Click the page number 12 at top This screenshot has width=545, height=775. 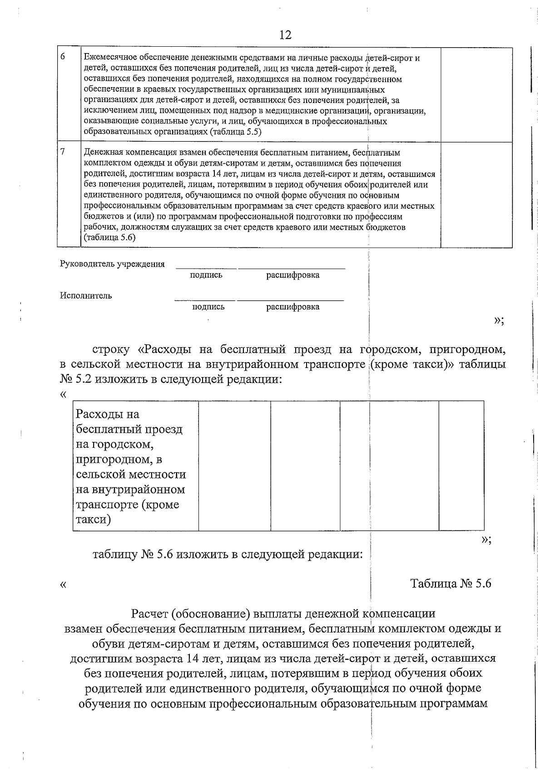pos(285,35)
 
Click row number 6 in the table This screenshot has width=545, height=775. pos(63,57)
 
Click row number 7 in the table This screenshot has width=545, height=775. pos(63,152)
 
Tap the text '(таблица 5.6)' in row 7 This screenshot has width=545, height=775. pos(110,237)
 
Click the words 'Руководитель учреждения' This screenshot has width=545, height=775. pos(112,264)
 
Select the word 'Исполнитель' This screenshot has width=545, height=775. pos(86,296)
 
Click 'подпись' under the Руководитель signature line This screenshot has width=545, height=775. pos(206,275)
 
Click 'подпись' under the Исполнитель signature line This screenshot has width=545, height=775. pos(208,307)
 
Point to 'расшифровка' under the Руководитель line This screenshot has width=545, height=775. pos(292,275)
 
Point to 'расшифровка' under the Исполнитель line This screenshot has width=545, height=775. pos(292,307)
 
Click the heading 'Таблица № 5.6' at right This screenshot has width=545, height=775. pos(451,584)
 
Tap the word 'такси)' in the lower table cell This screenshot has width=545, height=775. pos(93,520)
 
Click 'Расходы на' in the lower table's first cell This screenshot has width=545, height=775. pos(108,414)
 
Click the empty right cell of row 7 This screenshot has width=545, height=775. pos(476,195)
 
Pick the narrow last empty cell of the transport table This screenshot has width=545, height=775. pos(461,466)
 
